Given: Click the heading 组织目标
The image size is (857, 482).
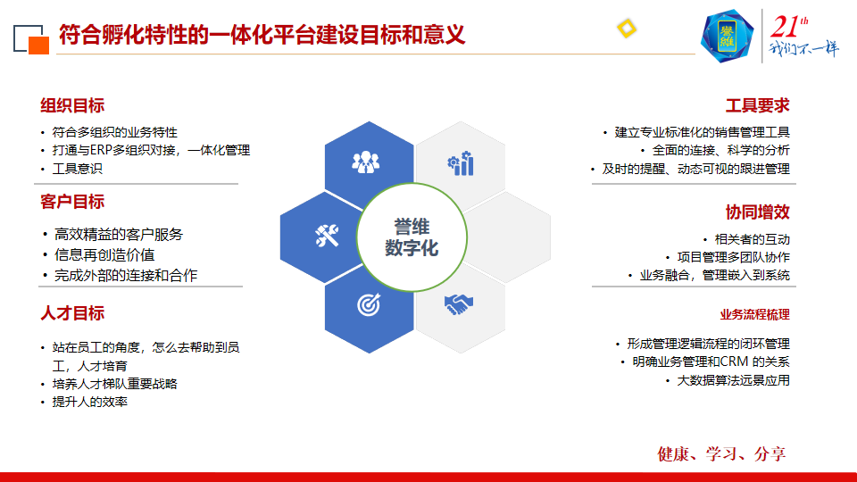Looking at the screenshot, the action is point(72,105).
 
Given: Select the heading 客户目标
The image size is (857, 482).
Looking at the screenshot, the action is point(72,202).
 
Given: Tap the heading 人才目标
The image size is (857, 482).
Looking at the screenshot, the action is point(72,313).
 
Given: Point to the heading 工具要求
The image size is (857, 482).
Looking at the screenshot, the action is point(758,105).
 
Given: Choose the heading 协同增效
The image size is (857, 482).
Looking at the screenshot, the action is point(758,212).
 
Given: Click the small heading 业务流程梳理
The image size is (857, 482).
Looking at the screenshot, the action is point(755,315).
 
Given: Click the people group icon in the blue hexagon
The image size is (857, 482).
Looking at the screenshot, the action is point(366,162).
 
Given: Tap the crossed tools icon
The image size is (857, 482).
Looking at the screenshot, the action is point(327,236).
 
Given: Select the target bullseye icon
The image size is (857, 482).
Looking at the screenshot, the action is point(369,304).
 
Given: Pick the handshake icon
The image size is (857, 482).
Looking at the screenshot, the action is point(459,304).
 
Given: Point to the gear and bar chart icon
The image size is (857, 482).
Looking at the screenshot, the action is point(461,163).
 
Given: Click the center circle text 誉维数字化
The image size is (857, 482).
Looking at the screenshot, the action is point(412,237).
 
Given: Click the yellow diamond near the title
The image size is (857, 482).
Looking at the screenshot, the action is point(627,29).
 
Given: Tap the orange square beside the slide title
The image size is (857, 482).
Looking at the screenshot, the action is point(38,46).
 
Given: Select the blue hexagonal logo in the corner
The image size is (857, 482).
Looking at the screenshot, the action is point(727,36).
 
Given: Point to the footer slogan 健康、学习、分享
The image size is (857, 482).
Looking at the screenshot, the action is point(721,453).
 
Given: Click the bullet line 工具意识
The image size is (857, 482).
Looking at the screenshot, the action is point(77,169).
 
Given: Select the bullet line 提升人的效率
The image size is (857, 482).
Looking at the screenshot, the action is point(89,402).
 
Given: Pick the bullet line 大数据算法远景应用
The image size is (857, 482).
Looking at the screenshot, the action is point(733,380).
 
